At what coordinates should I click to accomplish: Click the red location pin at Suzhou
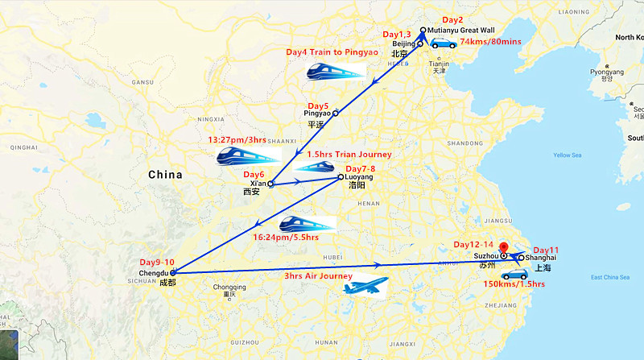[505, 247]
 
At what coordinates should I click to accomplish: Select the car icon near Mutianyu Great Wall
[440, 45]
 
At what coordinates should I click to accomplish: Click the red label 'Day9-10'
[158, 263]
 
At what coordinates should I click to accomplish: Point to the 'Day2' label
[453, 19]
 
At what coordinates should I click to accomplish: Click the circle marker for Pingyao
[336, 113]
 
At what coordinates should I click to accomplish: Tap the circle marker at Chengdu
[172, 272]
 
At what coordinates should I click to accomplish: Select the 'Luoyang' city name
[361, 176]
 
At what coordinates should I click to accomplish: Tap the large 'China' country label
[164, 174]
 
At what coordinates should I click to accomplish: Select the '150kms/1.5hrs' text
[514, 283]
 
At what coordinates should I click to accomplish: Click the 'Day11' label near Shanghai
[547, 250]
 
